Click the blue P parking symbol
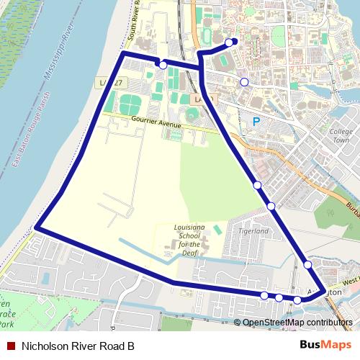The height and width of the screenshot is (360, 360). (x=256, y=122)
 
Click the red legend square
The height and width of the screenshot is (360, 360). (x=10, y=346)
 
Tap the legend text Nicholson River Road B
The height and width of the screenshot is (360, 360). (x=78, y=346)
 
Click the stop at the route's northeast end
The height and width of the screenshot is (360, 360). (x=229, y=42)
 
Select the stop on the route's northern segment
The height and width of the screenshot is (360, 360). (x=163, y=65)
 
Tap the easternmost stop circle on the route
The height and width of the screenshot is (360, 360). (x=307, y=264)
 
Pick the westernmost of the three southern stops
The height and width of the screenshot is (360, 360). (x=264, y=295)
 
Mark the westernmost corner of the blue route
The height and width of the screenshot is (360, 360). (x=36, y=229)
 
